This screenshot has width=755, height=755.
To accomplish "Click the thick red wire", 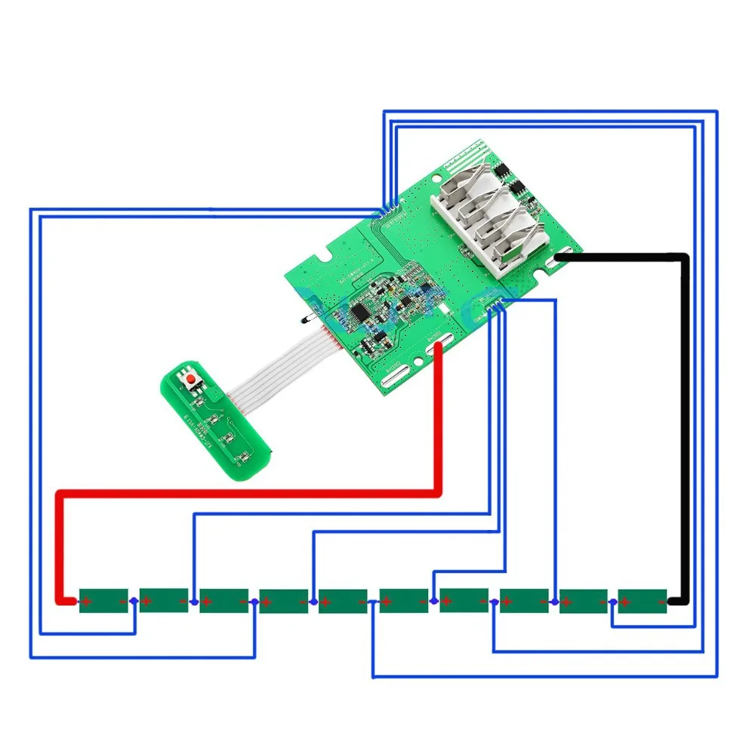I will (249, 493).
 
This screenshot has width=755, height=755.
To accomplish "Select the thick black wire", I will (686, 423).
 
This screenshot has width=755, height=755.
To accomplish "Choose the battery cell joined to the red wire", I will (103, 601).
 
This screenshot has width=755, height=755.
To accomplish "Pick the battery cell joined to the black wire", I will (643, 601).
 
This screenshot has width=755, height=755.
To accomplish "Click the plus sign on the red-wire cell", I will (87, 602).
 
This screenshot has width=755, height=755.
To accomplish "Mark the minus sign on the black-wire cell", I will (661, 602).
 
